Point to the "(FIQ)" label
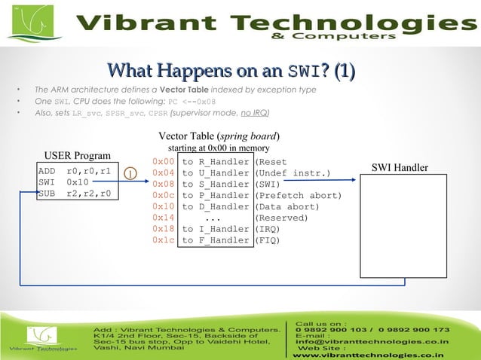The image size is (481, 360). pyautogui.click(x=268, y=240)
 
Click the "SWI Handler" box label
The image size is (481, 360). pyautogui.click(x=400, y=167)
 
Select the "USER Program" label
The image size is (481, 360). pyautogui.click(x=77, y=156)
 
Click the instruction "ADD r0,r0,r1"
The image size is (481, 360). pyautogui.click(x=75, y=171)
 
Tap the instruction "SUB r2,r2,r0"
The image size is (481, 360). pyautogui.click(x=75, y=194)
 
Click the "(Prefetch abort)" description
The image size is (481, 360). pyautogui.click(x=298, y=195)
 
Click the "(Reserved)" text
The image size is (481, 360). pyautogui.click(x=282, y=218)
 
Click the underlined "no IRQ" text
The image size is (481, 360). pyautogui.click(x=253, y=113)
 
